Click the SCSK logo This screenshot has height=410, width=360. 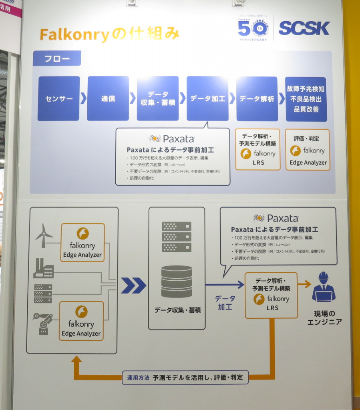tap(304, 28)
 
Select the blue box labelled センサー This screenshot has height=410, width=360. tap(58, 98)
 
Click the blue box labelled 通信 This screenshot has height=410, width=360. tap(108, 98)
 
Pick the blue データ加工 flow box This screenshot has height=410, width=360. tap(207, 98)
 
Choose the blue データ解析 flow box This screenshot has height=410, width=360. tap(257, 98)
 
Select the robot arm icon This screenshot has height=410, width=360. tap(43, 323)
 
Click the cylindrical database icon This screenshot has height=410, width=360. tap(177, 281)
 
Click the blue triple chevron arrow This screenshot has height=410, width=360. tap(133, 285)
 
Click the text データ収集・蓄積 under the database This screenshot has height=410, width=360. tap(176, 310)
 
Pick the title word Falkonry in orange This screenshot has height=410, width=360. tap(74, 35)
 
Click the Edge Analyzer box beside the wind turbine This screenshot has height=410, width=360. tap(82, 242)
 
